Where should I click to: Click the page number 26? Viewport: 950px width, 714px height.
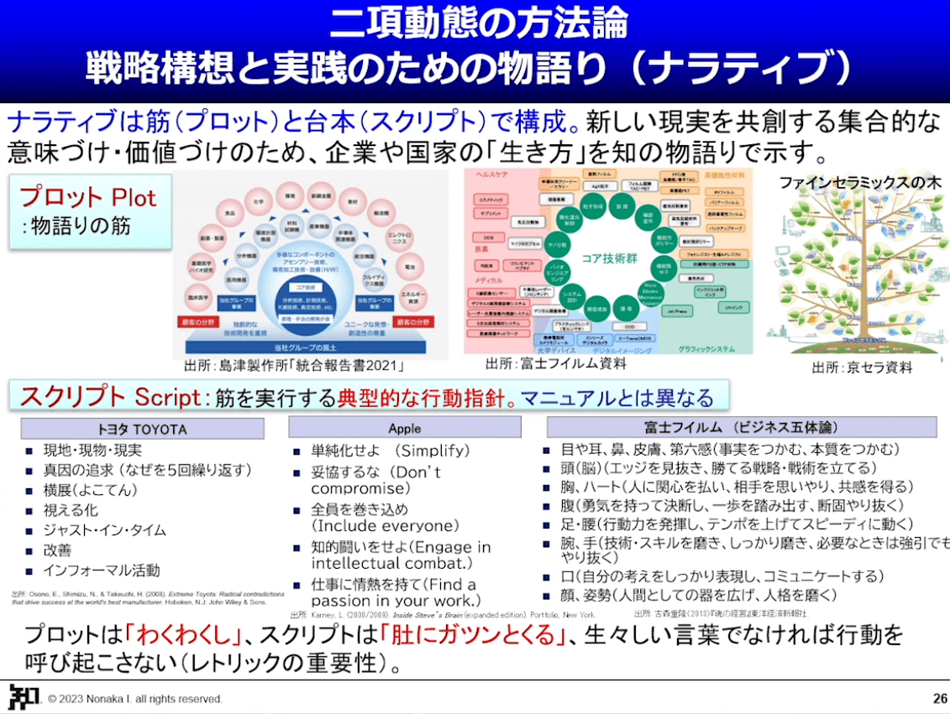pos(939,698)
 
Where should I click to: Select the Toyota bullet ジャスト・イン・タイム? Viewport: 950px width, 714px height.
pos(104,530)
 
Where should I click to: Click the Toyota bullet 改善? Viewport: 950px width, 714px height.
pos(58,550)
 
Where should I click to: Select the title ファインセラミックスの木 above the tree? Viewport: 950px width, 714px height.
pos(859,182)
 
